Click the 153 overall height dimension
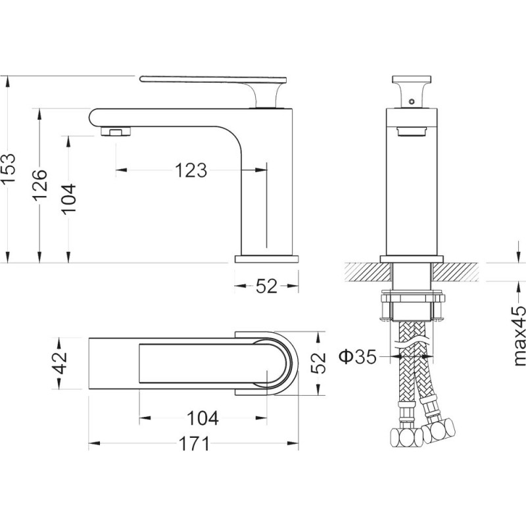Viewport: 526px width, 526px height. (x=9, y=168)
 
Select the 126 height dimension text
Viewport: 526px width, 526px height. (x=40, y=185)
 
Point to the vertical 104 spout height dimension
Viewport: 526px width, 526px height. (x=69, y=199)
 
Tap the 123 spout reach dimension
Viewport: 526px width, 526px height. (x=191, y=170)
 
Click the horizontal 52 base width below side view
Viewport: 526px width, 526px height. (x=267, y=286)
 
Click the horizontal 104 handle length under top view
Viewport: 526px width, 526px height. (x=203, y=418)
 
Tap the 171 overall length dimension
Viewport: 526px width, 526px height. (x=194, y=444)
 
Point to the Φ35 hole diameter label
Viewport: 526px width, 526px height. (x=358, y=356)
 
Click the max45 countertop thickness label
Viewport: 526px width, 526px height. (x=519, y=335)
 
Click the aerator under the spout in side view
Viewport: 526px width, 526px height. (x=116, y=131)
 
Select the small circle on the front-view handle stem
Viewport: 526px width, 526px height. (x=412, y=101)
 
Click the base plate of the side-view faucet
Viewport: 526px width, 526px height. (x=267, y=259)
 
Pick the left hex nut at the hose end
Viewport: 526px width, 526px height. (x=407, y=437)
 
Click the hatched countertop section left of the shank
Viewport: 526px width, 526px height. (x=368, y=272)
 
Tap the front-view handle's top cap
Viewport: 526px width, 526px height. (x=412, y=79)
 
